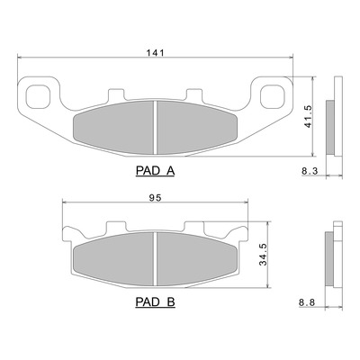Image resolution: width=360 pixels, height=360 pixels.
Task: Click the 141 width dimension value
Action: pos(156,53)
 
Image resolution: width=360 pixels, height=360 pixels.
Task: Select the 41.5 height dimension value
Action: pos(308,117)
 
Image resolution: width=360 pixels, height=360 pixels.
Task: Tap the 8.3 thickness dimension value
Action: pos(308,172)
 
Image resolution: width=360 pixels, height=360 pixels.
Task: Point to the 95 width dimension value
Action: pos(155,198)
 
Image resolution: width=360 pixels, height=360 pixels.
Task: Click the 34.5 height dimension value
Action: pos(263,255)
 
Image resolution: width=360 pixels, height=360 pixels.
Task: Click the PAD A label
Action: pos(155,171)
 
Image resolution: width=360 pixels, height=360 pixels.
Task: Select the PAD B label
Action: pos(155,302)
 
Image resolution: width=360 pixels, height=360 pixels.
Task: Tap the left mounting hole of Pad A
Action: pos(38,96)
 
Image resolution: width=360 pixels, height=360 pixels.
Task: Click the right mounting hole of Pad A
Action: pos(272,96)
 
